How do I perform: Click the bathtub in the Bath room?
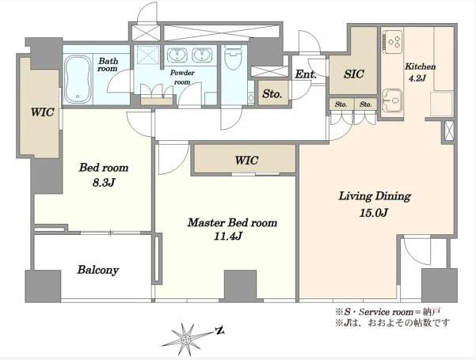pos(78,79)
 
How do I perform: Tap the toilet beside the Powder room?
pos(233,58)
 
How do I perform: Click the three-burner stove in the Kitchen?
pos(393,40)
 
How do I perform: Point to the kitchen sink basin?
pos(392,100)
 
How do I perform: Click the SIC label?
pos(354,74)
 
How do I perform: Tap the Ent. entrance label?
pos(306,74)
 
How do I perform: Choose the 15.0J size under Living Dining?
pos(374,213)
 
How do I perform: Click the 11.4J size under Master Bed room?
pos(227,236)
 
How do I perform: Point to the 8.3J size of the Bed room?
pos(104,182)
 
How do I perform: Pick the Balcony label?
pos(97,270)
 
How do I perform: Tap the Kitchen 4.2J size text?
pos(417,78)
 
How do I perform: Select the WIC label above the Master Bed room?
pos(246,160)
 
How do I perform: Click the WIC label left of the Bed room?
pos(43,112)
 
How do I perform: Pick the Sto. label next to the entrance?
pos(272,94)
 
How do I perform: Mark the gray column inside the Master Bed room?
pos(241,285)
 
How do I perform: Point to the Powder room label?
pos(182,77)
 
